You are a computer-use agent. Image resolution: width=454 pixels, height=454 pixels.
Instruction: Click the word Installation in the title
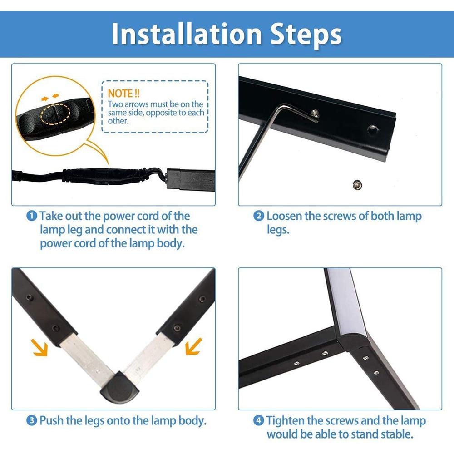click(x=187, y=34)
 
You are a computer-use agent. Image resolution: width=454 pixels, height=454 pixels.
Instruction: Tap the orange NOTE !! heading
click(x=123, y=94)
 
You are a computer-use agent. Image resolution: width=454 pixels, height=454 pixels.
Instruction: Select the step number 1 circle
click(x=32, y=216)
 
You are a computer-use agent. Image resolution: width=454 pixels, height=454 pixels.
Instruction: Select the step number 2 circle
click(x=259, y=216)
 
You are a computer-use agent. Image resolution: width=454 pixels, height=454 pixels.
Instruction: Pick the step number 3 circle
click(x=32, y=420)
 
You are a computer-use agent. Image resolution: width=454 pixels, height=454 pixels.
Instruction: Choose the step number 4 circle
click(x=259, y=420)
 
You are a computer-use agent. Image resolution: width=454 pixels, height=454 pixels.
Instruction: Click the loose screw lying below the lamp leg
click(x=358, y=184)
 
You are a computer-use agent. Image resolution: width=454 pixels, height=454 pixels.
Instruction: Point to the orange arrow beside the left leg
click(x=39, y=347)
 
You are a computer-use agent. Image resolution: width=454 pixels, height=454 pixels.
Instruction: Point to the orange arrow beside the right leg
click(x=193, y=346)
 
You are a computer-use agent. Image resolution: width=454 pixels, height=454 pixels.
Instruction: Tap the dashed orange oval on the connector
click(x=55, y=114)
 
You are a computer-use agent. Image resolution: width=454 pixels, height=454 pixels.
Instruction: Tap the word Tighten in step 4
click(x=284, y=421)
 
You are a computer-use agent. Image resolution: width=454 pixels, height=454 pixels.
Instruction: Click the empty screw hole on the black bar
click(x=373, y=129)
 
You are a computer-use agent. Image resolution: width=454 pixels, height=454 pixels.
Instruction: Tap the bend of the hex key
click(x=277, y=109)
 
